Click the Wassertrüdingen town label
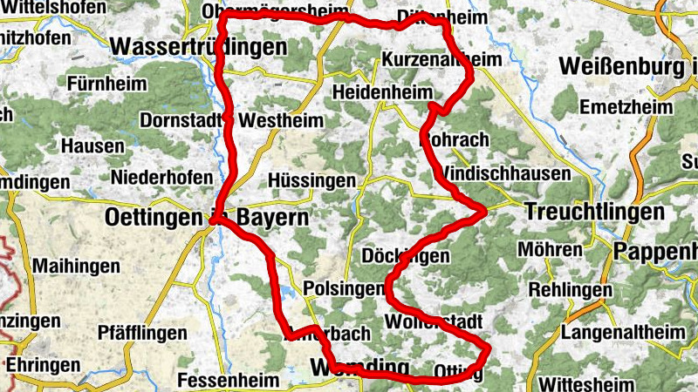[x=199, y=47]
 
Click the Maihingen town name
[x=72, y=263]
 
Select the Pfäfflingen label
[x=141, y=333]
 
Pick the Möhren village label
[x=550, y=250]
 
